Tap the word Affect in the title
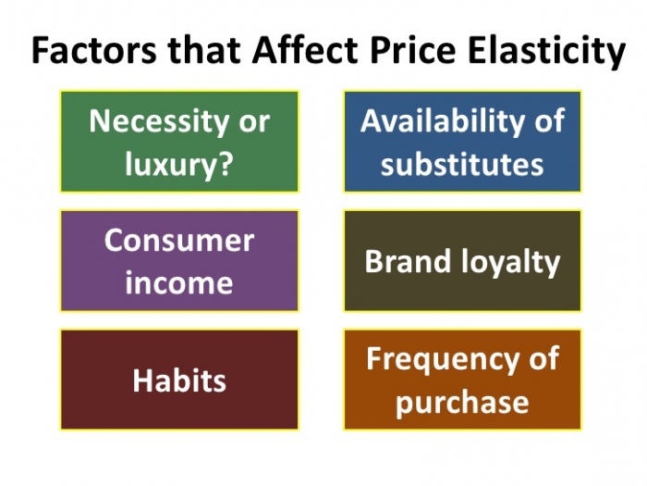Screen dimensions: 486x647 click(292, 51)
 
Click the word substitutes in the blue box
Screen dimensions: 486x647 click(462, 165)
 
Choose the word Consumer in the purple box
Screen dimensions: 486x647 click(178, 240)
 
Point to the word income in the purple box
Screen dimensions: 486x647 click(178, 282)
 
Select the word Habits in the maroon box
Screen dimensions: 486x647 click(178, 380)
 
